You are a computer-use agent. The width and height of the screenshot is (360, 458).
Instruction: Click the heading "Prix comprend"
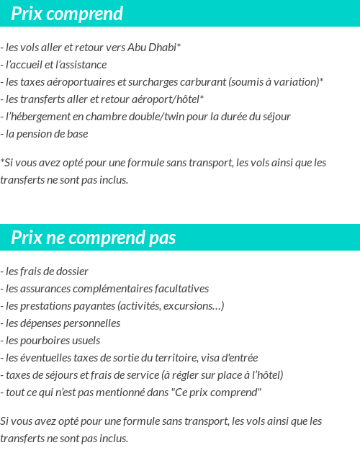coord(67,14)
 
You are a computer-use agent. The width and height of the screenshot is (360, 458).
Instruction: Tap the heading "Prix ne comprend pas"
coord(93,238)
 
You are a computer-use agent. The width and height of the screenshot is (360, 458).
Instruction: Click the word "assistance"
coord(83,65)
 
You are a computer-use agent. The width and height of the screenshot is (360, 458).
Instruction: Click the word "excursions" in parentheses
coord(194,306)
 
